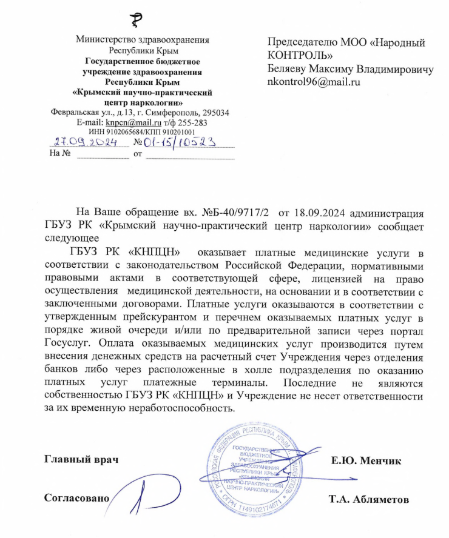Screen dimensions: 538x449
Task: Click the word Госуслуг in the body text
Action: [66, 342]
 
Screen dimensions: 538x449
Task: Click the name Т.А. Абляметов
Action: [368, 500]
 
